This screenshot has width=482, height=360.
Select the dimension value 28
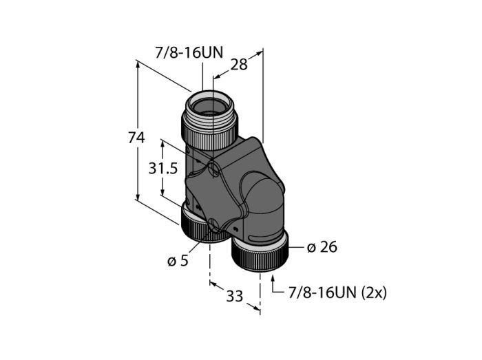239,65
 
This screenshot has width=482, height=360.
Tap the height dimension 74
136,138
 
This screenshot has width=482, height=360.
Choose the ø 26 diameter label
322,248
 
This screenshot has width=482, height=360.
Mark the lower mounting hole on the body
214,224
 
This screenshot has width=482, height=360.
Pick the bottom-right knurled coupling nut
260,256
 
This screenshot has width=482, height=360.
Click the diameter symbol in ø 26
311,248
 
